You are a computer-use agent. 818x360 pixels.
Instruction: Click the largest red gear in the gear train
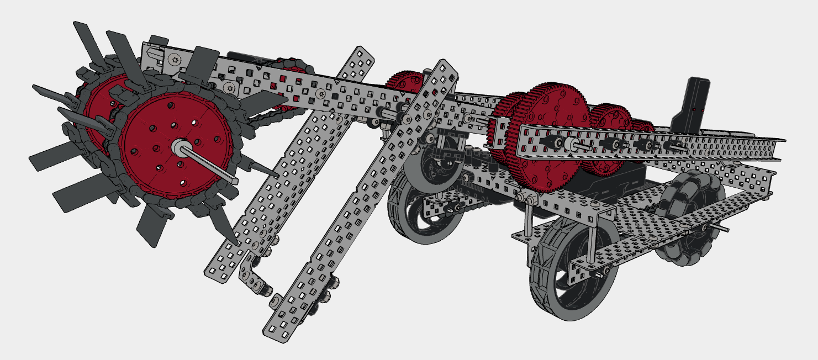tap(547, 138)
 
